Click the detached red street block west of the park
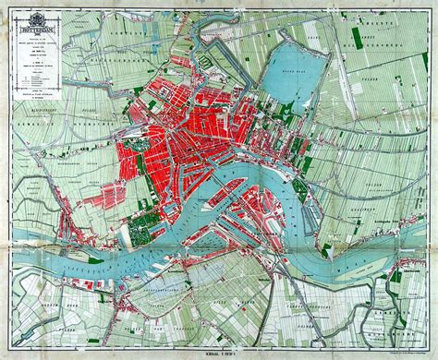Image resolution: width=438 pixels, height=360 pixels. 111,195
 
